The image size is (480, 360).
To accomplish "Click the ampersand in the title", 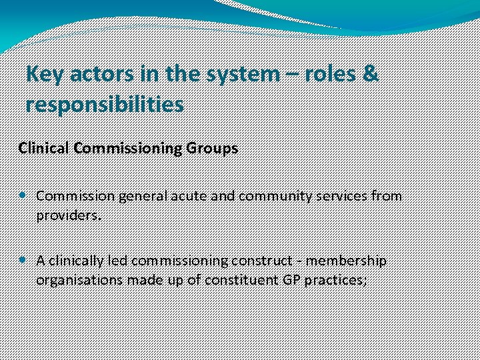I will [371, 75].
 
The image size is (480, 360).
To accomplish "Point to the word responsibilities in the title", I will [105, 104].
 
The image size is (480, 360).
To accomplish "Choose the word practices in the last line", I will [335, 279].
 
